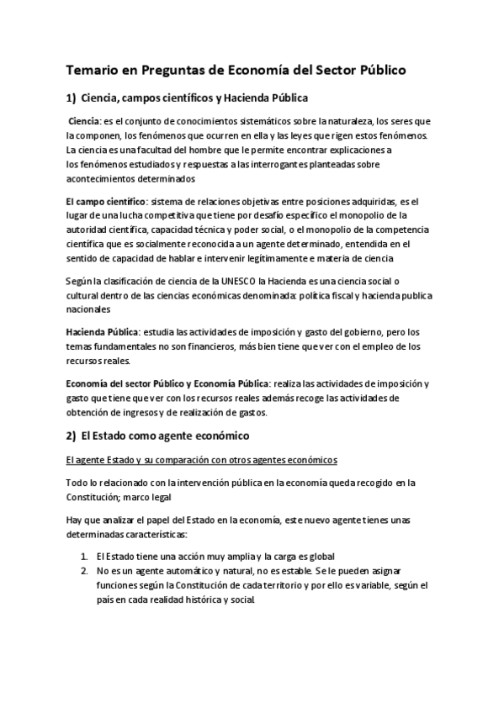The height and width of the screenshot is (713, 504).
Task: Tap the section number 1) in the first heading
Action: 72,98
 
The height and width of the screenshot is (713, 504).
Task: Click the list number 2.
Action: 85,571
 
